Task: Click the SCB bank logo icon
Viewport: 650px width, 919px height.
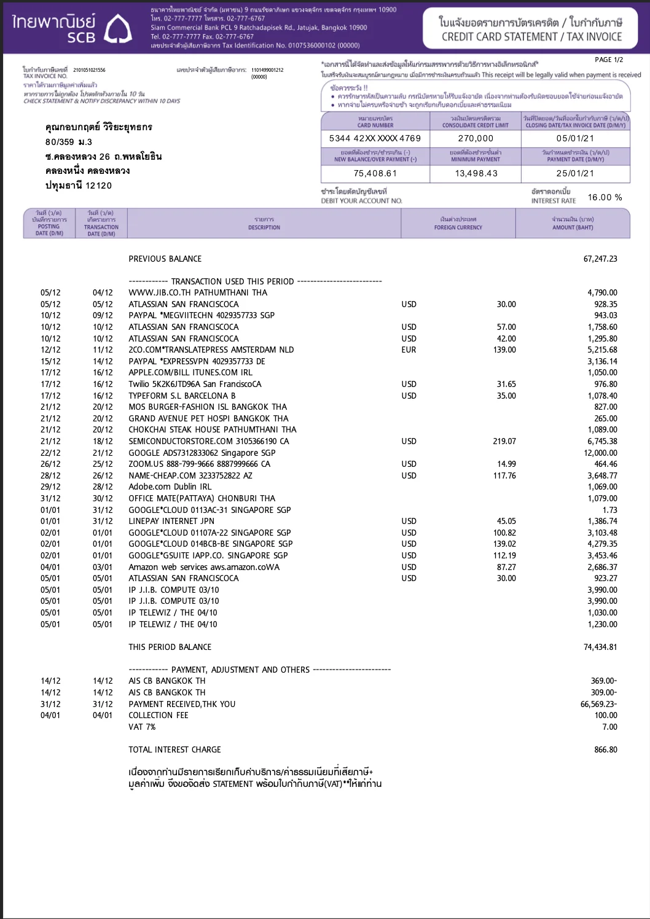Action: [x=118, y=29]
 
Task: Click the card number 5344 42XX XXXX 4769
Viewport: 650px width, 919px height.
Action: [x=375, y=138]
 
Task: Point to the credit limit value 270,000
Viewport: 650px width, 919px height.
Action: [x=476, y=138]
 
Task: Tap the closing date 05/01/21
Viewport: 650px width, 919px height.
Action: [x=575, y=138]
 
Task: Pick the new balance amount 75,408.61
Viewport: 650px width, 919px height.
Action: [x=375, y=173]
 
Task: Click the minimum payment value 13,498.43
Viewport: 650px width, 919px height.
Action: [x=476, y=173]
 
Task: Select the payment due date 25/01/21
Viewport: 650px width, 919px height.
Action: [x=575, y=173]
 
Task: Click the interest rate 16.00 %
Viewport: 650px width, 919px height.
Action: [x=605, y=197]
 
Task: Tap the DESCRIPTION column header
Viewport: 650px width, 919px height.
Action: [x=264, y=224]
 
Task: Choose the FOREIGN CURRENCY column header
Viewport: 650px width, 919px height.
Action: [x=458, y=224]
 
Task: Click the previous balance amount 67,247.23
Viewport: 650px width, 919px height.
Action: [x=600, y=259]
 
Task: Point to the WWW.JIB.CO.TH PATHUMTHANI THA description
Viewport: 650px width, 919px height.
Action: [x=198, y=292]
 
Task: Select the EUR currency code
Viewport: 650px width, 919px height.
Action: [x=409, y=350]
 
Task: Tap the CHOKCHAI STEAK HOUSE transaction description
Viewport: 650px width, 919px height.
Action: [x=212, y=429]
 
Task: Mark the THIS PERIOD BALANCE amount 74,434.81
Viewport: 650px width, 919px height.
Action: [x=600, y=647]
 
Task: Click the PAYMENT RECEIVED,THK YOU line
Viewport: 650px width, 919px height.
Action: [x=182, y=704]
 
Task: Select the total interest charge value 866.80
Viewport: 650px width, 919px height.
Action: [x=605, y=749]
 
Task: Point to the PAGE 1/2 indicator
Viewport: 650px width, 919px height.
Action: [x=609, y=60]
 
